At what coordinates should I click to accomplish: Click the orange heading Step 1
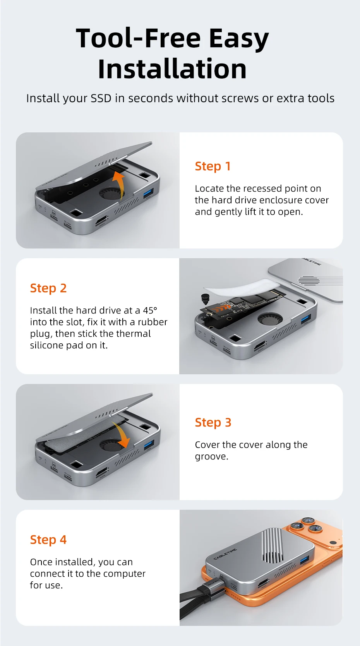pos(213,166)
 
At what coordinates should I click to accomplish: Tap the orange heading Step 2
pos(48,288)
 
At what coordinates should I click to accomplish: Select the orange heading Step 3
pos(213,423)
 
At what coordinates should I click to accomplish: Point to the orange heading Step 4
pos(48,540)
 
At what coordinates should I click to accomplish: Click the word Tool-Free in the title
pos(138,38)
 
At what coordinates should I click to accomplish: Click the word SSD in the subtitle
pos(101,98)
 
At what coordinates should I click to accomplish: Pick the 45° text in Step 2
pos(150,310)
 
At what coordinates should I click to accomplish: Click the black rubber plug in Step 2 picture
pos(204,299)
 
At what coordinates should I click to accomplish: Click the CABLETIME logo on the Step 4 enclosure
pos(225,554)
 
